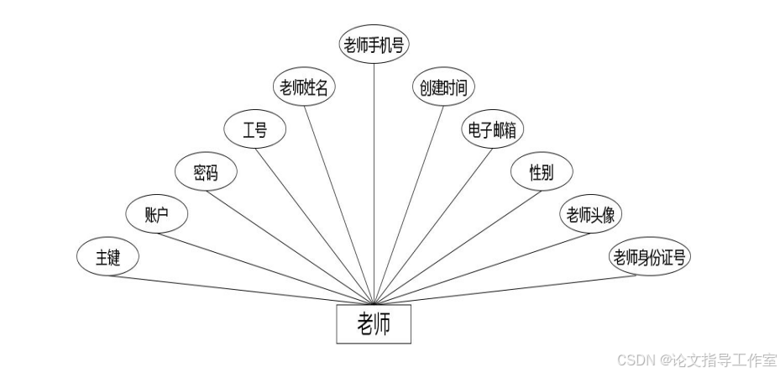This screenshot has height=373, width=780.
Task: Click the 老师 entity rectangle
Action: [374, 323]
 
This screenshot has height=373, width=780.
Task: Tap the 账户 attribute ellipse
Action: [156, 214]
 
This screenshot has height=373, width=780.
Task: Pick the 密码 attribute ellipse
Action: [206, 173]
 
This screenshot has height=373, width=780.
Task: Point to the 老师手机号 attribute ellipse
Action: [374, 45]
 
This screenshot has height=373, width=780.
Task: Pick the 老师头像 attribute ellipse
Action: [591, 214]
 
